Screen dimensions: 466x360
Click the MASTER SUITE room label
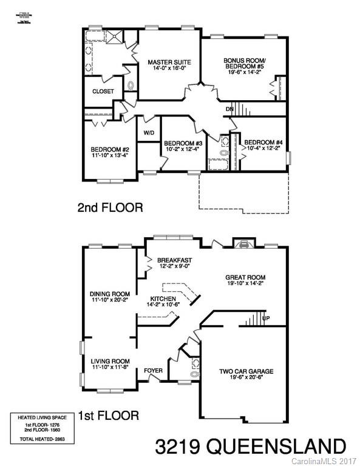170,62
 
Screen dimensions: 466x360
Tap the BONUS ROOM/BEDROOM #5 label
245,64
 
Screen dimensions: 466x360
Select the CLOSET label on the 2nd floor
103,92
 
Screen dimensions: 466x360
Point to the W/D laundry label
149,133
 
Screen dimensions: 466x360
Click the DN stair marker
229,109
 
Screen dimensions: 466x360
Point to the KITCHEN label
163,299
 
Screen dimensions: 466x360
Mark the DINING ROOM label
109,294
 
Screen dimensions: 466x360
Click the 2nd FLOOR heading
110,208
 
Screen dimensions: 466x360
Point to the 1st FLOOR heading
108,416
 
